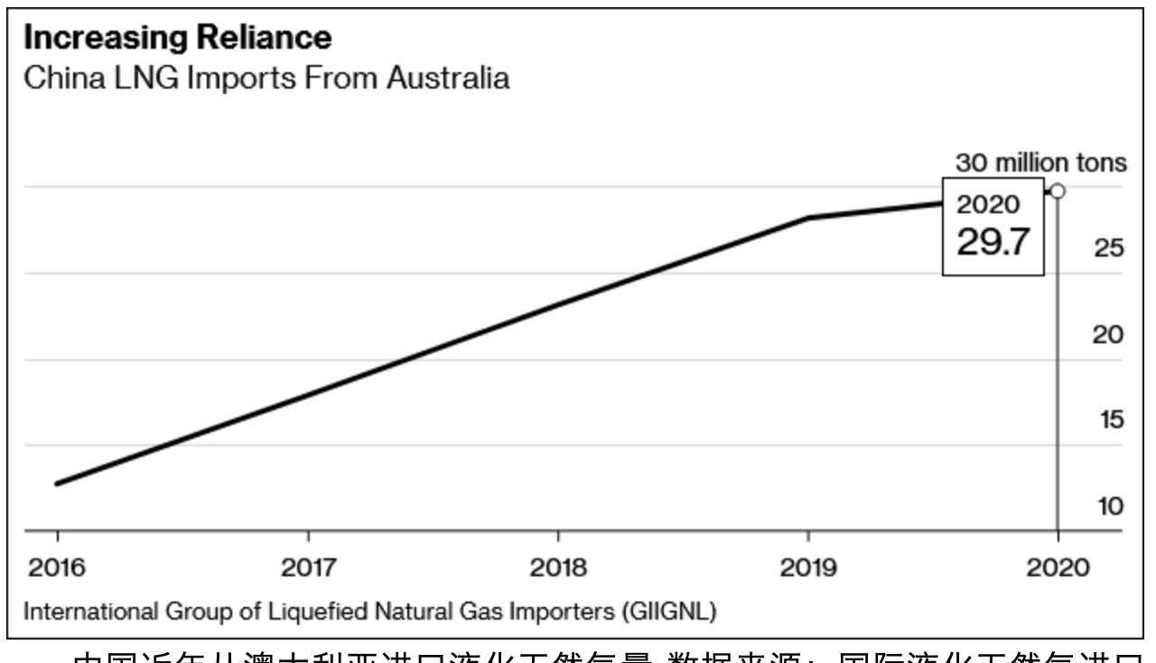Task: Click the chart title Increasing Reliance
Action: tap(177, 38)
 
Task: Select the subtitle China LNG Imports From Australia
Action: tap(266, 78)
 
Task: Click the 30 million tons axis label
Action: tap(1041, 163)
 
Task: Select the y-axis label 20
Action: tap(1109, 334)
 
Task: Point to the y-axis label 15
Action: tap(1109, 420)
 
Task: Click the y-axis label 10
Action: tap(1109, 506)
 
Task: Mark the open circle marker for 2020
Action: tap(1058, 191)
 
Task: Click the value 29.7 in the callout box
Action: tap(993, 242)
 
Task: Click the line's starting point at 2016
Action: tap(57, 484)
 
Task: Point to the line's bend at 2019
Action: tap(808, 218)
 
